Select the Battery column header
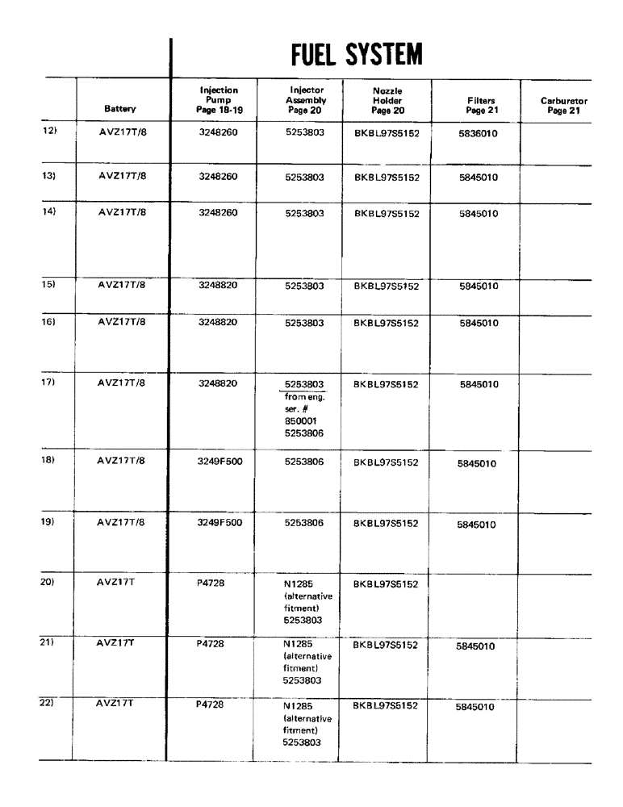click(119, 107)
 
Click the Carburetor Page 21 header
click(563, 106)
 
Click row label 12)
click(48, 131)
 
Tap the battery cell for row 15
click(119, 284)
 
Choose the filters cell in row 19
click(476, 525)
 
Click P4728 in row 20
click(207, 583)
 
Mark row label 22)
click(48, 704)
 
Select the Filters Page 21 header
click(476, 106)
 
